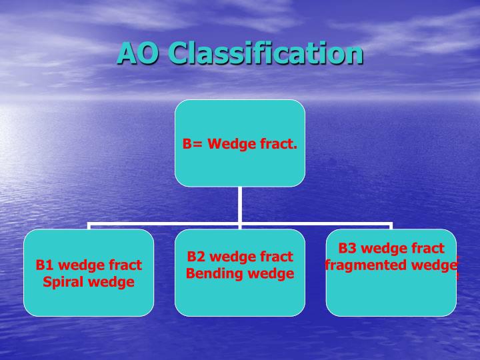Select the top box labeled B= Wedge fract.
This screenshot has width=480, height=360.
[x=240, y=143]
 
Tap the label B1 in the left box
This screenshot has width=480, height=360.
[x=44, y=265]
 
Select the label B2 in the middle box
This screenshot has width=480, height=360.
[x=195, y=257]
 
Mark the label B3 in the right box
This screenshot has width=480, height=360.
[x=347, y=249]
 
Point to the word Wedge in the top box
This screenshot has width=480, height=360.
[x=229, y=143]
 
